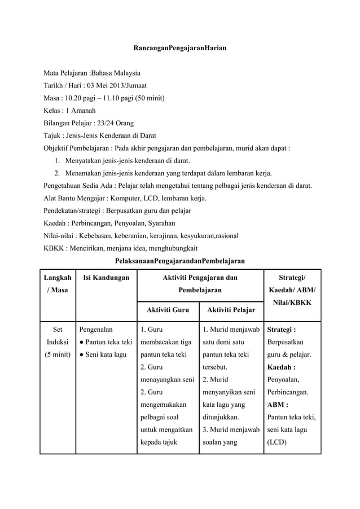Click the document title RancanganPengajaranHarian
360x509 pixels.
pyautogui.click(x=179, y=49)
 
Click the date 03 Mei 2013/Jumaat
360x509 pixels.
pyautogui.click(x=117, y=86)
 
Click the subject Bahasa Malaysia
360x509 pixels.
pyautogui.click(x=116, y=73)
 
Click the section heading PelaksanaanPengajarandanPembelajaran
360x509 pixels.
pyautogui.click(x=179, y=261)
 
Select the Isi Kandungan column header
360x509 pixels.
pyautogui.click(x=106, y=277)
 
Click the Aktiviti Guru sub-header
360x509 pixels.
pyautogui.click(x=168, y=310)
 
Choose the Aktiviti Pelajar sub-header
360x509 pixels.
pyautogui.click(x=230, y=310)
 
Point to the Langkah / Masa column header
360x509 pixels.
pyautogui.click(x=58, y=283)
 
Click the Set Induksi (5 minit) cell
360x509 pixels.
pyautogui.click(x=58, y=342)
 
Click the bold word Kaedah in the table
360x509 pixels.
pyautogui.click(x=280, y=367)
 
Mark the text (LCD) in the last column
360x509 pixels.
pyautogui.click(x=277, y=441)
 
